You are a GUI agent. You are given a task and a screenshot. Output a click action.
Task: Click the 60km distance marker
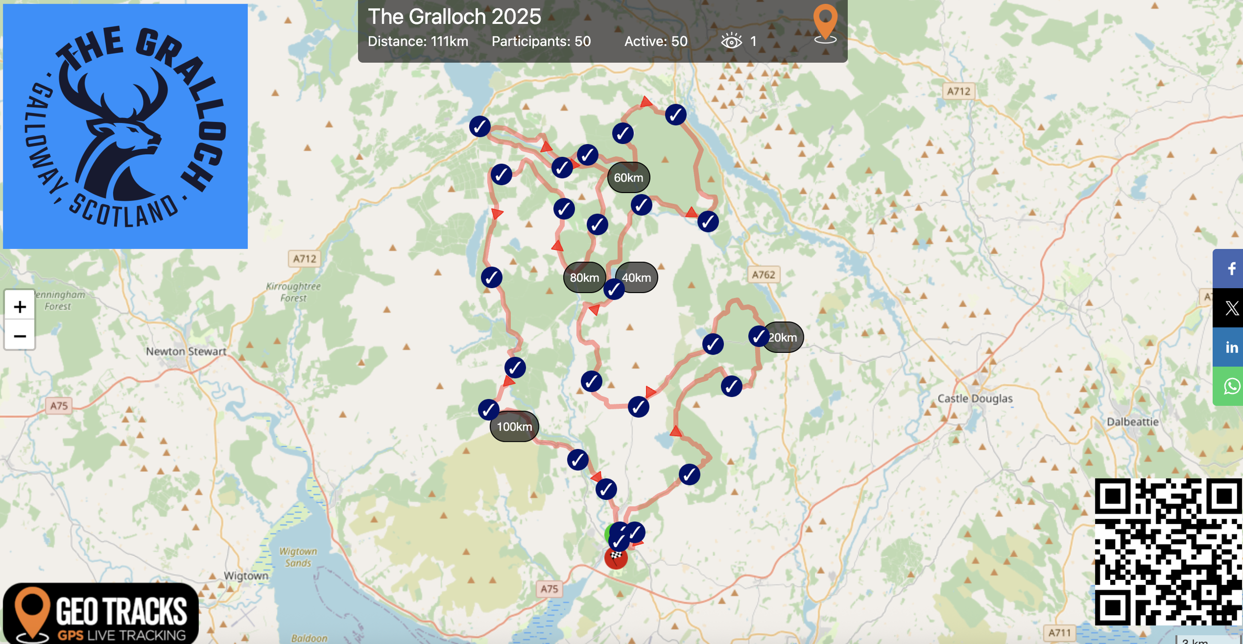(628, 178)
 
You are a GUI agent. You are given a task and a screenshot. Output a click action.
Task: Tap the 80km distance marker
(584, 278)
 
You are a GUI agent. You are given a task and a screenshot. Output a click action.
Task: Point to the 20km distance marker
(784, 337)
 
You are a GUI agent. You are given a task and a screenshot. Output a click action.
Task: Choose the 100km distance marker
(514, 427)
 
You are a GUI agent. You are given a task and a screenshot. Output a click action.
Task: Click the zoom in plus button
(20, 306)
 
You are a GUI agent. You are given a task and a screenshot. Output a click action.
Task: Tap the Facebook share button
(1231, 269)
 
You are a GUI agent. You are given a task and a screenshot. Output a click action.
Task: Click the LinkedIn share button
(1231, 347)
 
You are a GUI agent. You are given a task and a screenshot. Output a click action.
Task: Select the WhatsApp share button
(1231, 386)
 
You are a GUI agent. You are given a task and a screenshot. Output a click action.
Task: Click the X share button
(1231, 308)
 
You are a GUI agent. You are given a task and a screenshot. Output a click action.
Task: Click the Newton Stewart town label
(186, 351)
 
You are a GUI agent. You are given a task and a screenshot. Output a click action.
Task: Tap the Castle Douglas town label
(975, 399)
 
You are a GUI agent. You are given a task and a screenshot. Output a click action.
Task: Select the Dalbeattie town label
(1132, 422)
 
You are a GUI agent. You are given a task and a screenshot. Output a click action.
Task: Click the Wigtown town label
(246, 576)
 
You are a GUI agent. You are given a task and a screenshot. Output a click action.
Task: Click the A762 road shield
(763, 275)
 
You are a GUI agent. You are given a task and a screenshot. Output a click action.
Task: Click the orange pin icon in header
(825, 22)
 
